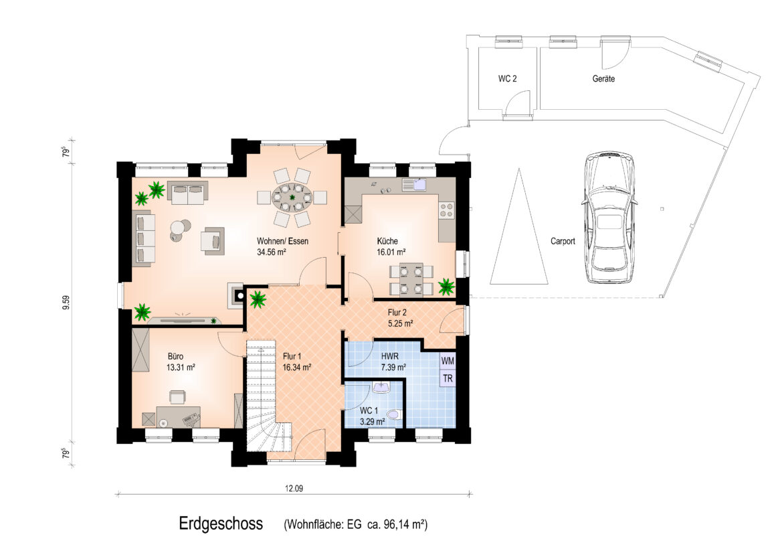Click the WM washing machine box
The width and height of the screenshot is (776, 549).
(x=448, y=361)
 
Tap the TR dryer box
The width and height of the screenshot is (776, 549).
(x=448, y=378)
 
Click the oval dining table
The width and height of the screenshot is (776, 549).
(x=292, y=198)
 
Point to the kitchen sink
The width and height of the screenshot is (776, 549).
(x=414, y=185)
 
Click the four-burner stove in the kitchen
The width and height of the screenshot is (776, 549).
(x=446, y=210)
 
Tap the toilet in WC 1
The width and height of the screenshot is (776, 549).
(x=395, y=414)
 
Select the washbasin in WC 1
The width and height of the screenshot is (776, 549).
(x=381, y=387)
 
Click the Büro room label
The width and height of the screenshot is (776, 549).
(x=175, y=356)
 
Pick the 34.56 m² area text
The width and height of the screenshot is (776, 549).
(x=271, y=252)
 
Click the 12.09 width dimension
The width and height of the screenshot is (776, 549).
(x=294, y=488)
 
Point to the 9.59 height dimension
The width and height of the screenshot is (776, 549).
(x=66, y=303)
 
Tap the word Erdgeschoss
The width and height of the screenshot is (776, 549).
(x=221, y=524)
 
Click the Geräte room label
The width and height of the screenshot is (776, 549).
(x=603, y=78)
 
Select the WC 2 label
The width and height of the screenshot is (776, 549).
(x=507, y=78)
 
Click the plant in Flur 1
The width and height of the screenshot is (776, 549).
(x=258, y=299)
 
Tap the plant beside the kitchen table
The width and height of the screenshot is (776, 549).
(x=446, y=287)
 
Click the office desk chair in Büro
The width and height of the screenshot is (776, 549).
(x=177, y=397)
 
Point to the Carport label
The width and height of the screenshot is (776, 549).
(x=563, y=241)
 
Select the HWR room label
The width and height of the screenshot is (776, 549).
(x=389, y=356)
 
